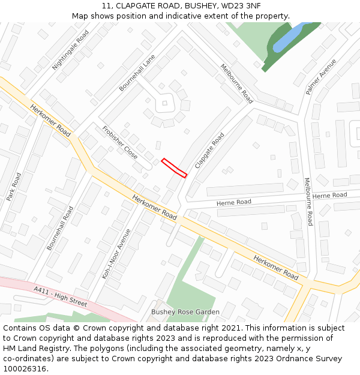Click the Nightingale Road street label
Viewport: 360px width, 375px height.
70,50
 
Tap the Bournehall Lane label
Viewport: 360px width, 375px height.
137,73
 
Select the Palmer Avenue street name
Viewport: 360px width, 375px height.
321,76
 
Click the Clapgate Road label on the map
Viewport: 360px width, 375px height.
209,150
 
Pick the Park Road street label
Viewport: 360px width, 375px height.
13,187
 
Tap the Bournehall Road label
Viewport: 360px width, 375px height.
60,228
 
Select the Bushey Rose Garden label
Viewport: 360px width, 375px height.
185,312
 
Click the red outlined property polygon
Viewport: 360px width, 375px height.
174,167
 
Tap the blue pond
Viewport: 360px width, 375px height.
288,38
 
